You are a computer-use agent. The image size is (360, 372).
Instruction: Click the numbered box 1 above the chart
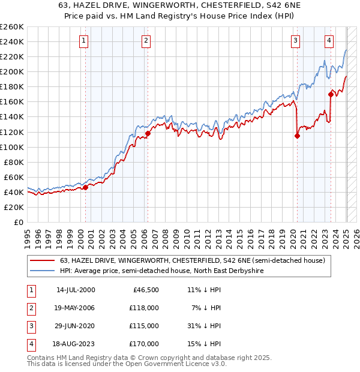tap(83, 41)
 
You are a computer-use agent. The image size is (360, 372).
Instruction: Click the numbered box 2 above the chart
tap(146, 41)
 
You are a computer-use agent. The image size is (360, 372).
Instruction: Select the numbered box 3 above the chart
tap(296, 41)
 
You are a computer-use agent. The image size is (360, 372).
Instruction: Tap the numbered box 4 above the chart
tap(329, 41)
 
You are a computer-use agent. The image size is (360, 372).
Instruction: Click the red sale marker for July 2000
tap(86, 187)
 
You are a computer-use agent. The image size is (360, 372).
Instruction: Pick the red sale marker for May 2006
tap(148, 133)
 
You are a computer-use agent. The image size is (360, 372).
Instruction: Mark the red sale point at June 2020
tap(297, 136)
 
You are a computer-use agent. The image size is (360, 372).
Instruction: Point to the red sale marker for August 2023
tap(331, 94)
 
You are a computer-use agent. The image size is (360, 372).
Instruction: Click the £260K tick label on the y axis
tap(12, 27)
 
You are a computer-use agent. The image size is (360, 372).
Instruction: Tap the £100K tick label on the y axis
tap(12, 147)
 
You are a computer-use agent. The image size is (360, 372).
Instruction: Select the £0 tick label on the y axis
tap(18, 222)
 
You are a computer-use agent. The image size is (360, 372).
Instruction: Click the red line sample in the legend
tap(43, 260)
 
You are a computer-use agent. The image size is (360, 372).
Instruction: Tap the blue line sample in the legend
tap(43, 271)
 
